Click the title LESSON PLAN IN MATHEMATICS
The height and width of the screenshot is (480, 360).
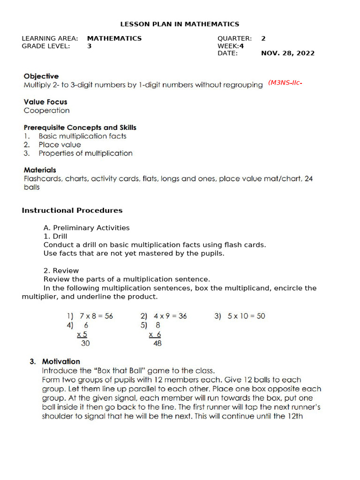coord(180,24)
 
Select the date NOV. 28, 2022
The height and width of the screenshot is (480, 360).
coord(287,53)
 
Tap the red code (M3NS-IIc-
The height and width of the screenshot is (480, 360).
coord(284,83)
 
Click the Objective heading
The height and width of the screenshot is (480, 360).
coord(41,76)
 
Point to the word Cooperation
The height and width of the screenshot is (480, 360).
coord(46,111)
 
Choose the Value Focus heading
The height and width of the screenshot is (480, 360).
coord(45,102)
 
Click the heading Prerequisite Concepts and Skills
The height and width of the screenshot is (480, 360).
coord(80,127)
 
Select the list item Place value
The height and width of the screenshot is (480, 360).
coord(60,145)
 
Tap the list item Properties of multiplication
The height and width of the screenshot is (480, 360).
coord(85,153)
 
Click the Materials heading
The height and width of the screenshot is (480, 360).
coord(40,170)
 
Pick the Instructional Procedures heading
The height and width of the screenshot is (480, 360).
coord(72,210)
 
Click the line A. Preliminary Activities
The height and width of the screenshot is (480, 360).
coord(86,228)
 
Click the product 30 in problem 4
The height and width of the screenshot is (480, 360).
coord(85,343)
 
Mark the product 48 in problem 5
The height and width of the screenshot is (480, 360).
coord(157,343)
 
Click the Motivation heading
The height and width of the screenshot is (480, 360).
coord(61,361)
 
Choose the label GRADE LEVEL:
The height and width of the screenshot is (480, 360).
coord(46,46)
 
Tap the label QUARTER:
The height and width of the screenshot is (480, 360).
coord(235,38)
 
